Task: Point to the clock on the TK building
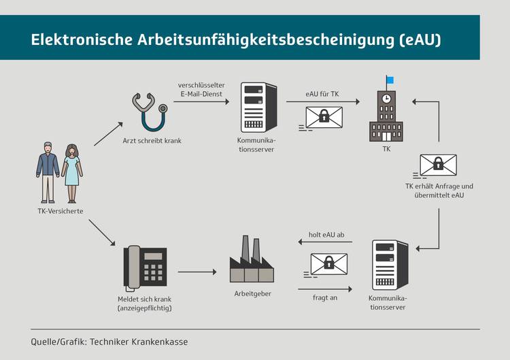386,99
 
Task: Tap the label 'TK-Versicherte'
61,212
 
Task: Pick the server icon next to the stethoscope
258,108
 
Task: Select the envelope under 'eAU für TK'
324,118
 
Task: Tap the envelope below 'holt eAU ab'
328,263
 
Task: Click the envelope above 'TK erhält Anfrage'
438,165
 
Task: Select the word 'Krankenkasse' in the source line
157,341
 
